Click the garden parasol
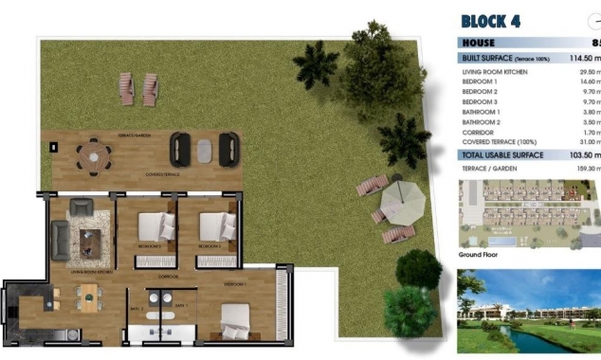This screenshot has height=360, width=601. tap(401, 201)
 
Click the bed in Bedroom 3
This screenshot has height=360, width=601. tap(154, 228)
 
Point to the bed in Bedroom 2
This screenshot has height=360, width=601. tap(216, 228)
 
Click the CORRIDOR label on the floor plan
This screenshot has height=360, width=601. tap(169, 277)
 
